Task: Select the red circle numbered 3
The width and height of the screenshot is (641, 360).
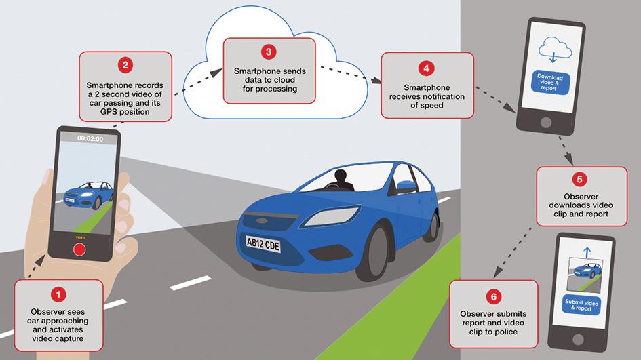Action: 269,52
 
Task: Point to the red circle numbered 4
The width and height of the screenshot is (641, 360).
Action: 425,68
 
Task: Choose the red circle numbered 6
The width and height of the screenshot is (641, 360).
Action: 492,296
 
